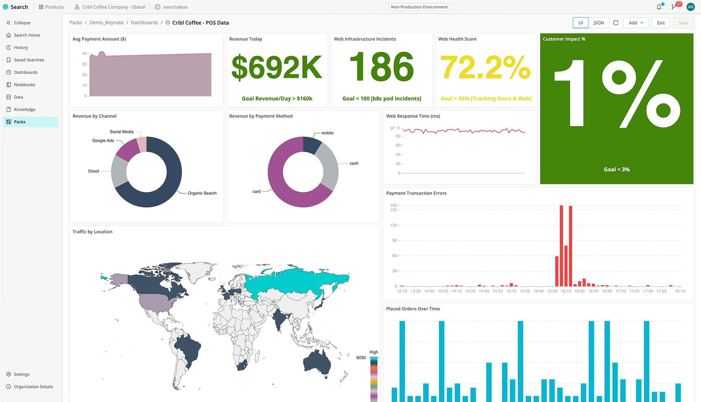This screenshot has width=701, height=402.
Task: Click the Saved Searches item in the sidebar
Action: click(28, 60)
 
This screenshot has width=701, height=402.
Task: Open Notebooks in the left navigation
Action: click(24, 84)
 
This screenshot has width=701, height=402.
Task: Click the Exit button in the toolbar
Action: click(661, 23)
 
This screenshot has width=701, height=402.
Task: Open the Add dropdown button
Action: click(636, 23)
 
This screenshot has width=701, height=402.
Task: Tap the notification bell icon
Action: click(659, 7)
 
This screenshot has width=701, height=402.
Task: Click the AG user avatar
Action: click(690, 7)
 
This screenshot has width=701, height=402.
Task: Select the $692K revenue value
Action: click(277, 67)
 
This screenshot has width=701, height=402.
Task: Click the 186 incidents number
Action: click(382, 67)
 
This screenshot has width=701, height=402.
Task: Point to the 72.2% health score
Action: click(486, 67)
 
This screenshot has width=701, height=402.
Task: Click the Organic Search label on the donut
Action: click(202, 193)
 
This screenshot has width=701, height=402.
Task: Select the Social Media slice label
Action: click(122, 132)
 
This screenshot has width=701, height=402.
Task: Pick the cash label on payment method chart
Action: click(354, 163)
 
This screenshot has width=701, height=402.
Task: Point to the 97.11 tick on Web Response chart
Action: click(395, 128)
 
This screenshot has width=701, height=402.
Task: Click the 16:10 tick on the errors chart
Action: click(566, 291)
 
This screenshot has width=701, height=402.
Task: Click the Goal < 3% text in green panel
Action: click(616, 169)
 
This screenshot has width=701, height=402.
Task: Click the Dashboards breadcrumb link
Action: click(144, 23)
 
